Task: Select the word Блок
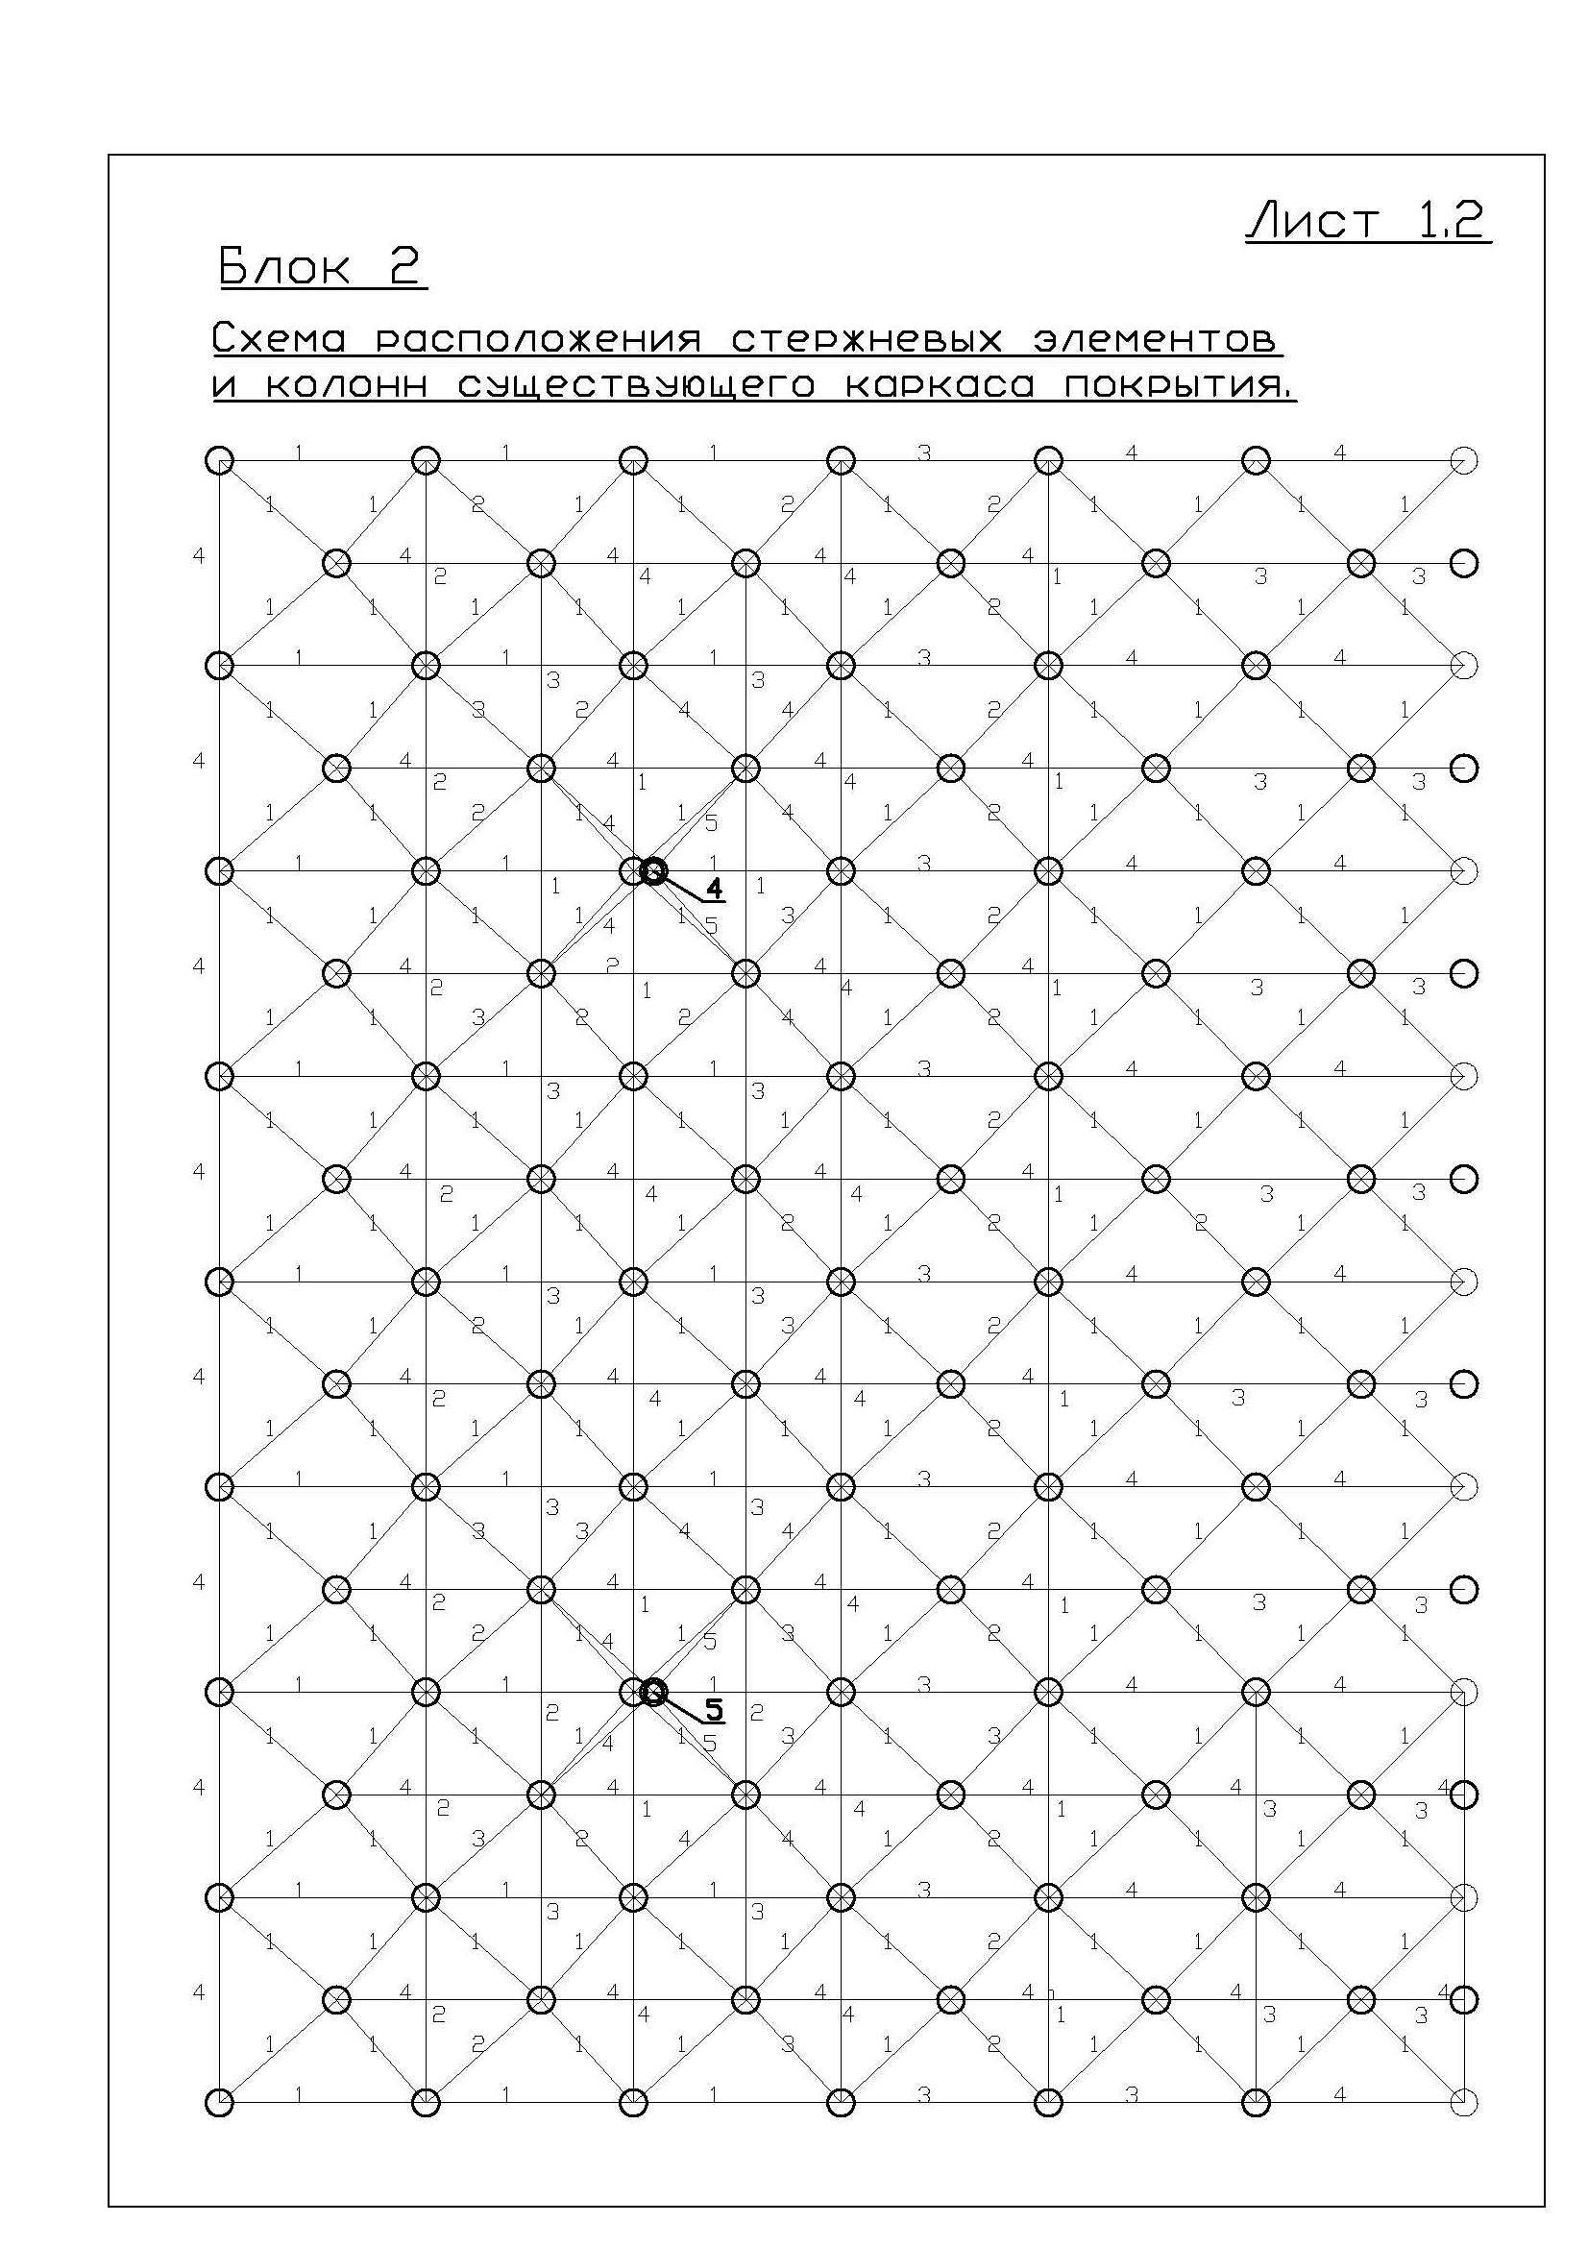[x=283, y=265]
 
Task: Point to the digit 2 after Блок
[x=403, y=265]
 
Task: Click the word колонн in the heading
[x=348, y=386]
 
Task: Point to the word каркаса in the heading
[x=939, y=386]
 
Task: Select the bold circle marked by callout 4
[x=653, y=870]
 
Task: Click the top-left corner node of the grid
[x=220, y=460]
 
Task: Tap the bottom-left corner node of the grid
[x=220, y=2102]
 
